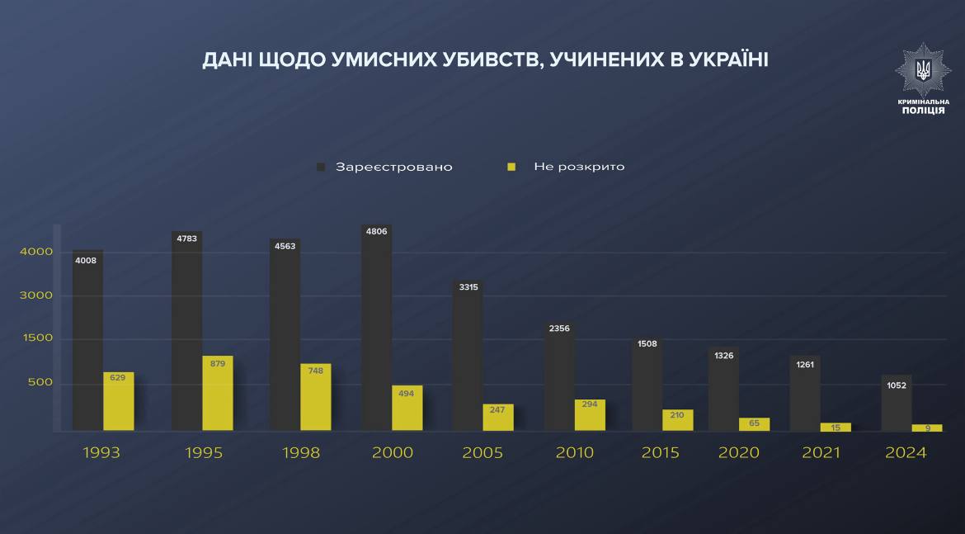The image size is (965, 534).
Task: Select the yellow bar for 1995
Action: (x=218, y=394)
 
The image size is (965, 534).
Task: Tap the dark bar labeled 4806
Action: (x=377, y=330)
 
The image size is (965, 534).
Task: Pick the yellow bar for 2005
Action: (x=498, y=418)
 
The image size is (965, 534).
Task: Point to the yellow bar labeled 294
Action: (x=590, y=415)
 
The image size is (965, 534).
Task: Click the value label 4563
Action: (x=285, y=247)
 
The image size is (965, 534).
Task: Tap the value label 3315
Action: (x=468, y=287)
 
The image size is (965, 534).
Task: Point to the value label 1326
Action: (x=725, y=356)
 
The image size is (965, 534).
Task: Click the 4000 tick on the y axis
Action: (x=36, y=252)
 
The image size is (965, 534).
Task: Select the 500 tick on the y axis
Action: (x=40, y=382)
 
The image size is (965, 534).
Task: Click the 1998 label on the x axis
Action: (x=300, y=452)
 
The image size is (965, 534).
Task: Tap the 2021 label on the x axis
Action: (x=821, y=452)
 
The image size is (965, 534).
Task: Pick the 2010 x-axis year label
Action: (x=574, y=452)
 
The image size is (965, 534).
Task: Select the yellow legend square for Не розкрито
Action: (x=511, y=167)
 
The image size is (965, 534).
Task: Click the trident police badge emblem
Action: (x=923, y=70)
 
